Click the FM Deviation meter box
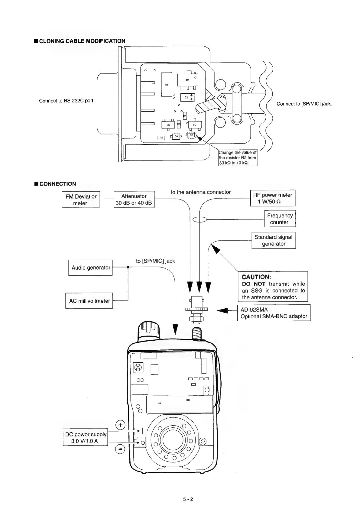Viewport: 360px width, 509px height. pyautogui.click(x=81, y=199)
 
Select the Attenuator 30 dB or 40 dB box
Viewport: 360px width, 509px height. pyautogui.click(x=134, y=199)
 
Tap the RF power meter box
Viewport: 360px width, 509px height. pyautogui.click(x=273, y=198)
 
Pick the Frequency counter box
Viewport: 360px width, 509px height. pyautogui.click(x=280, y=219)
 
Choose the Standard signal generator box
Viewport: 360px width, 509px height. pyautogui.click(x=274, y=240)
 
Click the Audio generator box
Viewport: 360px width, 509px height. pyautogui.click(x=91, y=268)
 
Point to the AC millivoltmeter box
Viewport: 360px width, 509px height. pyautogui.click(x=89, y=301)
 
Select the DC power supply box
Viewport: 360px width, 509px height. pyautogui.click(x=86, y=437)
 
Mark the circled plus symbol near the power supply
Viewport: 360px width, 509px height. pyautogui.click(x=120, y=425)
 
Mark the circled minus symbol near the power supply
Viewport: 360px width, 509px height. pyautogui.click(x=120, y=450)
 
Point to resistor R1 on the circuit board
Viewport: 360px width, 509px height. pyautogui.click(x=166, y=84)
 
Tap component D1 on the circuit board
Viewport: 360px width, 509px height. pyautogui.click(x=187, y=80)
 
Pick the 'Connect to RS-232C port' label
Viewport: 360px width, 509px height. pyautogui.click(x=67, y=101)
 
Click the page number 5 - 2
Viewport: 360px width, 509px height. pyautogui.click(x=188, y=499)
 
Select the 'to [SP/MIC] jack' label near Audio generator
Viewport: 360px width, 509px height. pyautogui.click(x=155, y=261)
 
